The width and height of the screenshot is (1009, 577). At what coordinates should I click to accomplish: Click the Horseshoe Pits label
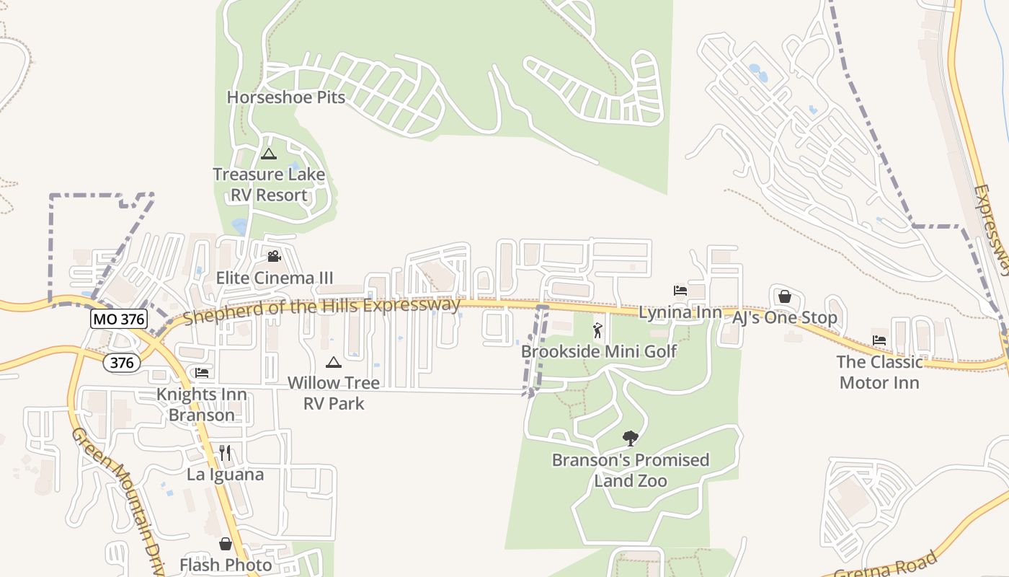coord(286,97)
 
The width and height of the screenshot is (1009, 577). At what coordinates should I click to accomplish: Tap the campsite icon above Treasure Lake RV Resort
coord(269,154)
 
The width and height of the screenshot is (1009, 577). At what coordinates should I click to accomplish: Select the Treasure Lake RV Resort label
coord(269,185)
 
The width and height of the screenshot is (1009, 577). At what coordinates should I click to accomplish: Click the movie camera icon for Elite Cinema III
coord(274,256)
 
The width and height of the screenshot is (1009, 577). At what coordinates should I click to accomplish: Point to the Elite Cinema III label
coord(275,278)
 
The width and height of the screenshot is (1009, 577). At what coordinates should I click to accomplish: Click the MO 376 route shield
coord(119,319)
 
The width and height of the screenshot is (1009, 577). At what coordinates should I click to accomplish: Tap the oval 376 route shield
coord(122,362)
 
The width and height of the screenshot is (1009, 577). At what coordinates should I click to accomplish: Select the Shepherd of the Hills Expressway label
coord(321,310)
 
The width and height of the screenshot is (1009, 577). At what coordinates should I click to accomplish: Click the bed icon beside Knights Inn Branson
coord(202,373)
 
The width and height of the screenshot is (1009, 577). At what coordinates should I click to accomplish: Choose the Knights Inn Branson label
coord(202,405)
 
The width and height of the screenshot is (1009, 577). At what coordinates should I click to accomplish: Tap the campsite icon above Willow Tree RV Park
coord(333,362)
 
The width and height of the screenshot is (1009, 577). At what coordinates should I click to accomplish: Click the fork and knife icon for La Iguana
coord(225,453)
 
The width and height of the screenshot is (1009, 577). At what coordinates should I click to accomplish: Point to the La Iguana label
coord(225,475)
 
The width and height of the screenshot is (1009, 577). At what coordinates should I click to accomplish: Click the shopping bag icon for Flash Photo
coord(226,544)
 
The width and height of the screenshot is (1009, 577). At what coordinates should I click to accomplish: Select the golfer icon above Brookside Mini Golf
coord(597,331)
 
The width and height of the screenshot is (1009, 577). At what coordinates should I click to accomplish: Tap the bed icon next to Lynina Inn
coord(680,291)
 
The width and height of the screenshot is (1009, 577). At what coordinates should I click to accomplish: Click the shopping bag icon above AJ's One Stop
coord(785,296)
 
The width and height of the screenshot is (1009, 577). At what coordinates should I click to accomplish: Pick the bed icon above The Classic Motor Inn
coord(879,340)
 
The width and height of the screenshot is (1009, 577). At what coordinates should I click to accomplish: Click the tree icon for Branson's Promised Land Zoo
coord(631,439)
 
